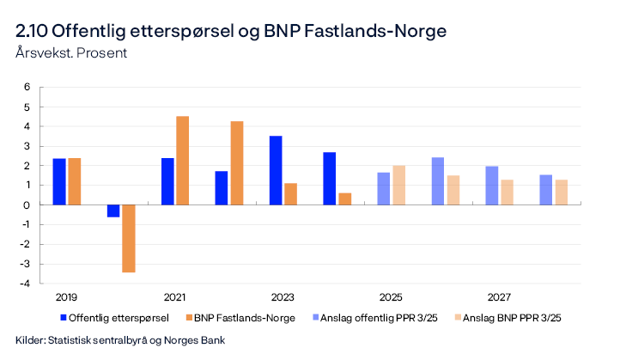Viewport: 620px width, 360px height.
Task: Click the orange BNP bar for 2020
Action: (x=128, y=238)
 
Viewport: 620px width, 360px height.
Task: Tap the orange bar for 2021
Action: (x=182, y=161)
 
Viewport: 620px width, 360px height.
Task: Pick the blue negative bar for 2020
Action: (x=113, y=211)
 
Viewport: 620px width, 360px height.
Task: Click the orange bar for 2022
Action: (x=236, y=163)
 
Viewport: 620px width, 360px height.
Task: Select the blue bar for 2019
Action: (x=59, y=181)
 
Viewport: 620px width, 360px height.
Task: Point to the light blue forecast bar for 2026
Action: (x=438, y=181)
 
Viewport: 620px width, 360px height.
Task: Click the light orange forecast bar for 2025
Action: (x=398, y=185)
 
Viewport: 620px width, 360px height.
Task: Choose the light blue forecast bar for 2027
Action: (x=492, y=186)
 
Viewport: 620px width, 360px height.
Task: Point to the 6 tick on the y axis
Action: (x=27, y=87)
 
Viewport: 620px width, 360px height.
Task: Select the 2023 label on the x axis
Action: (x=283, y=296)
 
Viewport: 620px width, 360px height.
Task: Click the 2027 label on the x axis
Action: (x=499, y=296)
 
